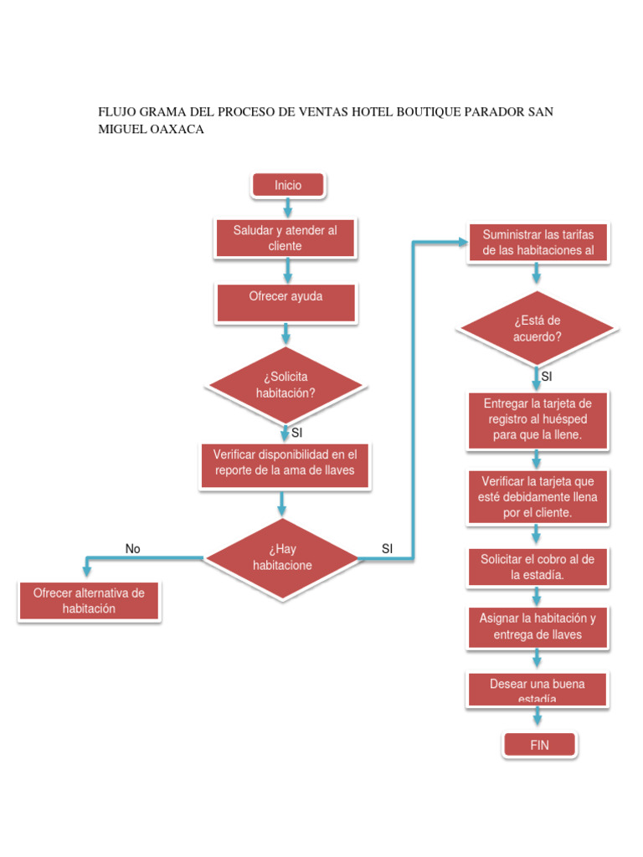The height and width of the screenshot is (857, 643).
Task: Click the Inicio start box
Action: pyautogui.click(x=288, y=186)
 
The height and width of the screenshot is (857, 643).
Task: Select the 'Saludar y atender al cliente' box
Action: pyautogui.click(x=285, y=239)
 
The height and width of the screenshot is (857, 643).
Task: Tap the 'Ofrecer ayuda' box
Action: pyautogui.click(x=286, y=302)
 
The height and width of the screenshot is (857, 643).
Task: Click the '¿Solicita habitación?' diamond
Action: pyautogui.click(x=285, y=385)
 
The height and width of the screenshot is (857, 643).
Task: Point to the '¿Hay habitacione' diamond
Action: pyautogui.click(x=282, y=557)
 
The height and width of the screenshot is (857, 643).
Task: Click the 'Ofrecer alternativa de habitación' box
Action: pyautogui.click(x=89, y=601)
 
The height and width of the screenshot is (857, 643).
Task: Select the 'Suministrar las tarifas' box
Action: pyautogui.click(x=538, y=243)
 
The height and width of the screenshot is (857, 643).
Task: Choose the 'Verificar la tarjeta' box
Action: pyautogui.click(x=538, y=497)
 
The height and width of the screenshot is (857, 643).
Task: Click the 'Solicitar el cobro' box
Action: pyautogui.click(x=538, y=567)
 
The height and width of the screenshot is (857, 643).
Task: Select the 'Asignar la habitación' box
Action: pyautogui.click(x=538, y=627)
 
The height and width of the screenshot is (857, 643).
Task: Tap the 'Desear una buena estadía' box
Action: pyautogui.click(x=538, y=690)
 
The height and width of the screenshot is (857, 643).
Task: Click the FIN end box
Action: pyautogui.click(x=540, y=745)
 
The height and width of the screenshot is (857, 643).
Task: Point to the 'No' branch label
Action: pyautogui.click(x=133, y=549)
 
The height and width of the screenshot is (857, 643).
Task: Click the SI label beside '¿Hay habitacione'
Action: pyautogui.click(x=387, y=549)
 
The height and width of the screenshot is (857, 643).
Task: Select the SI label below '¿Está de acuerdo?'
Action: pyautogui.click(x=547, y=377)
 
